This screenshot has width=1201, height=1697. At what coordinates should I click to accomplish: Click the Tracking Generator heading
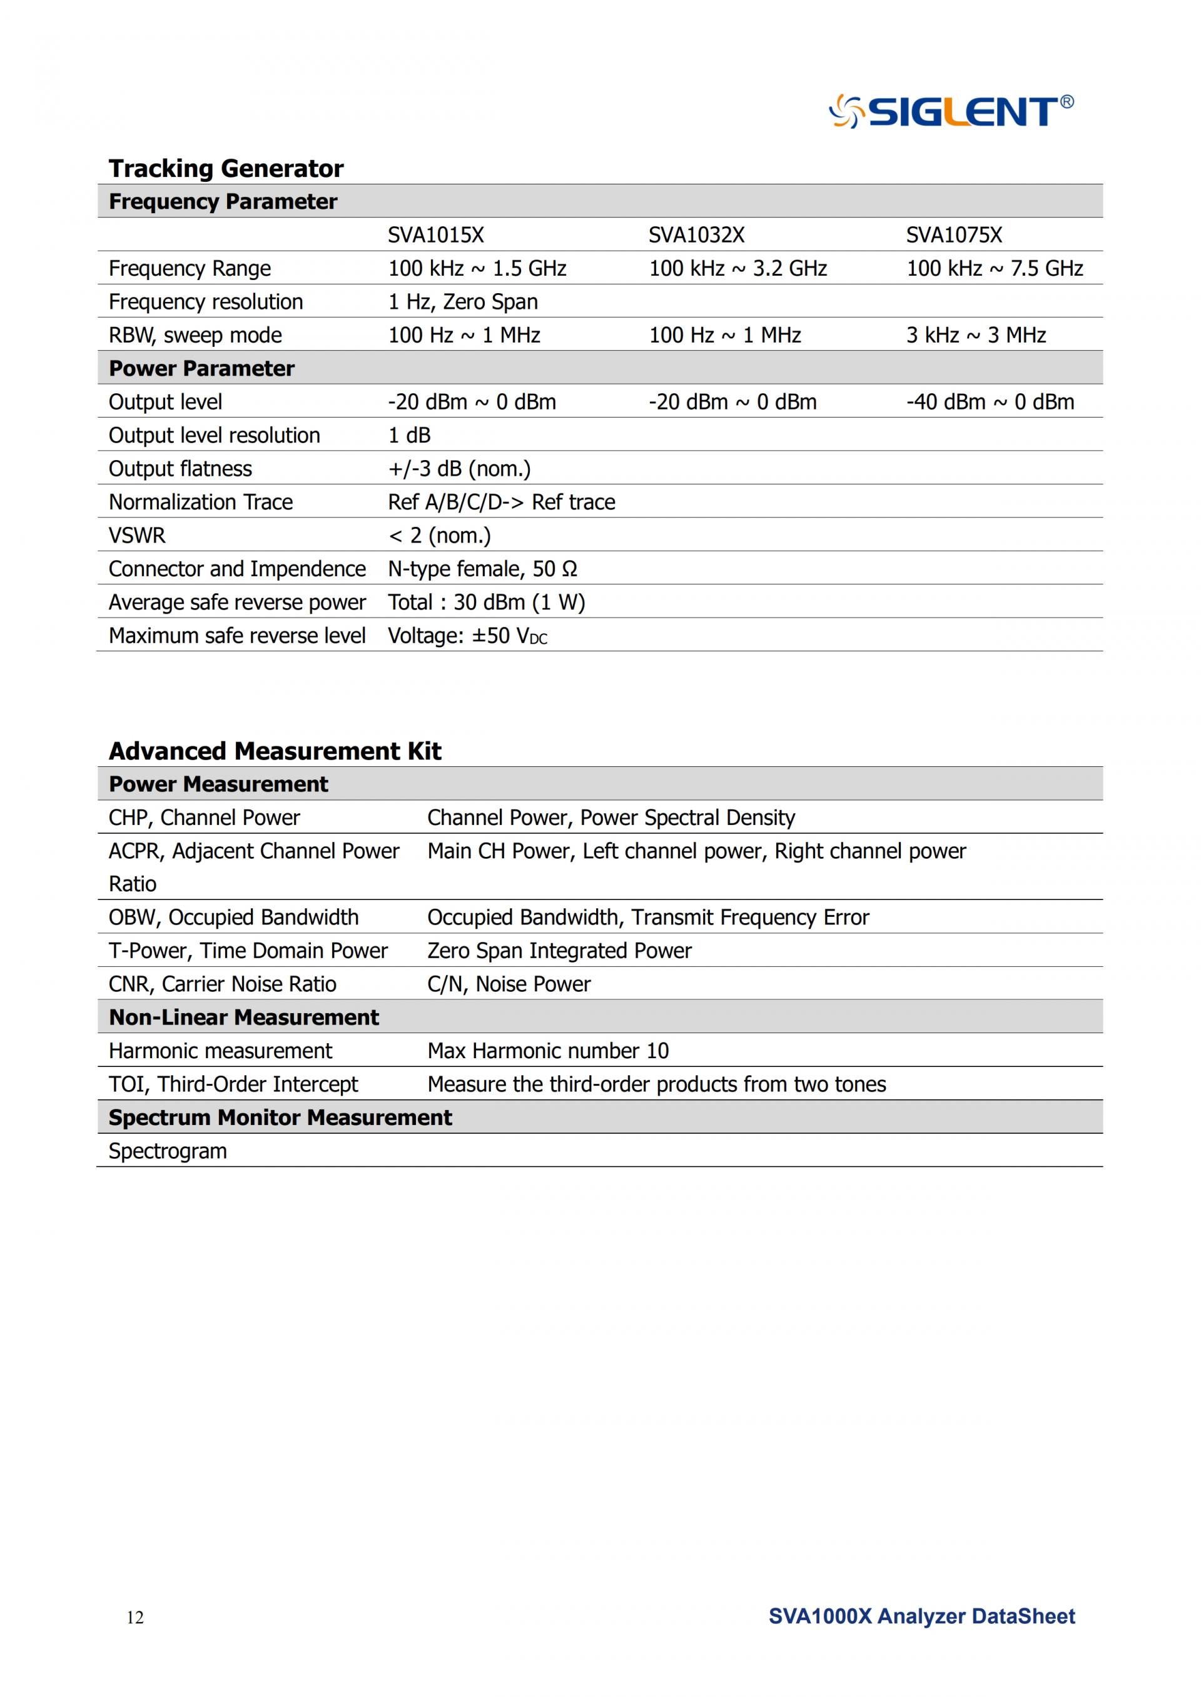pos(226,169)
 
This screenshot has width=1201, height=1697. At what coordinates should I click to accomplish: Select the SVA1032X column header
pos(696,235)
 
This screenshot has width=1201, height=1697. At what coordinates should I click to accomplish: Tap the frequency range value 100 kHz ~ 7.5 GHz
pos(994,268)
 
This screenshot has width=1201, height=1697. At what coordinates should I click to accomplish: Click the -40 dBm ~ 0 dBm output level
pos(990,402)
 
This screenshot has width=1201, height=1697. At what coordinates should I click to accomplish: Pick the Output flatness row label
pos(180,469)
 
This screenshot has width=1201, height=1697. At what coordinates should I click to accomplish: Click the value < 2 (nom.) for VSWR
pos(439,535)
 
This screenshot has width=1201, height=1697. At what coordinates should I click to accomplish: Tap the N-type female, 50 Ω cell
pos(482,569)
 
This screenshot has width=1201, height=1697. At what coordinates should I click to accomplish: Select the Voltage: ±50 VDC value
pos(467,636)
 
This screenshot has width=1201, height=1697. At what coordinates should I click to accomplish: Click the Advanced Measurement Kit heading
pos(275,751)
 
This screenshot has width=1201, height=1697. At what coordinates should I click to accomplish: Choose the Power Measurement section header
pos(218,784)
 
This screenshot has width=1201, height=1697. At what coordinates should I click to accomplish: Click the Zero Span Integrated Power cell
pos(559,951)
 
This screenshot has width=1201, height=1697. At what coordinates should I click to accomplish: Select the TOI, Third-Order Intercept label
pos(233,1084)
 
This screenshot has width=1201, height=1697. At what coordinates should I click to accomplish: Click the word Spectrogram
pos(167,1151)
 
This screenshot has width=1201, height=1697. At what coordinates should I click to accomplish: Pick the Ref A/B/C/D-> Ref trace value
pos(502,503)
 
